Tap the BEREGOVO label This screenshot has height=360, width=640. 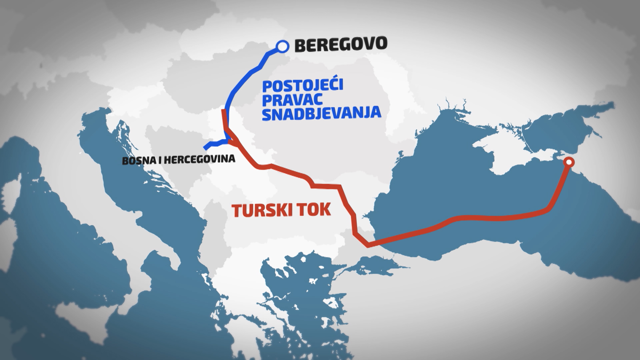tap(341, 44)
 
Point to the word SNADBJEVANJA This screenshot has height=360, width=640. tap(321, 113)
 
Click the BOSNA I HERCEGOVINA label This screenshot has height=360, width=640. tap(179, 160)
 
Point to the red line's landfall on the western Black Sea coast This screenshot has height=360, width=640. tap(368, 246)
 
